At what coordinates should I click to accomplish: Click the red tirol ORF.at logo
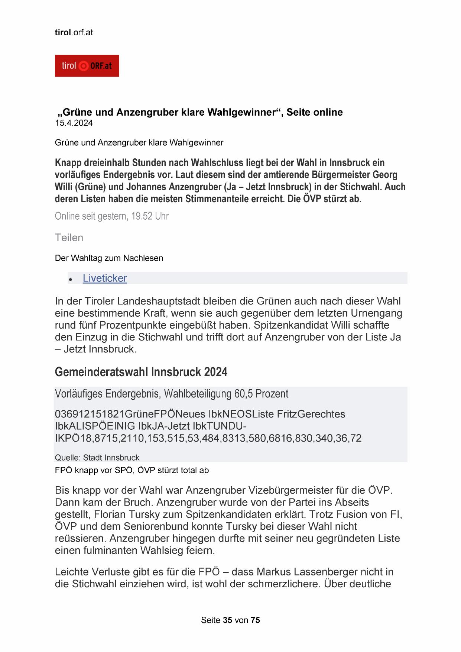point(87,66)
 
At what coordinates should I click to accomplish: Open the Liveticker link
point(105,278)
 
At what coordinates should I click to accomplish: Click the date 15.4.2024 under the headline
point(74,123)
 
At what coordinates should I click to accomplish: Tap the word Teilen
point(69,238)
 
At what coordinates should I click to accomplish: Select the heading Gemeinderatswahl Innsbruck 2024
point(141,372)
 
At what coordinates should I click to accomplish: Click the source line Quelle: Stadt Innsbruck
point(97,458)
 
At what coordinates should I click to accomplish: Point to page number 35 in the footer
point(228,620)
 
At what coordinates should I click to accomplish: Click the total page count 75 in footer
point(256,620)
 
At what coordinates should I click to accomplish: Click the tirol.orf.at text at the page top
point(74,32)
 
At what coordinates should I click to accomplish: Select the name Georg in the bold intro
point(385,175)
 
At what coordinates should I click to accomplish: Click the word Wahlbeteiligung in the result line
point(198,394)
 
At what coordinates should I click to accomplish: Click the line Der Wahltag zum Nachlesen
point(109,258)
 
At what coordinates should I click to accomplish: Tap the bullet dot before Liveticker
point(70,279)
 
